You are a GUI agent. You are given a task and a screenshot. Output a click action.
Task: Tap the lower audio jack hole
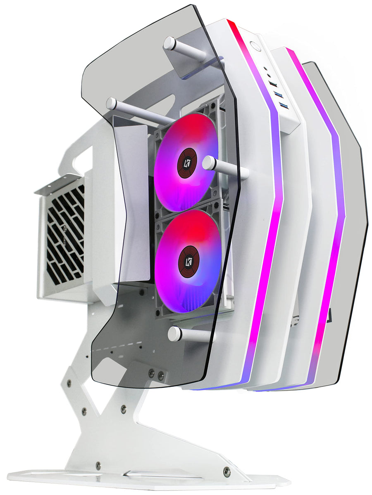(x=269, y=76)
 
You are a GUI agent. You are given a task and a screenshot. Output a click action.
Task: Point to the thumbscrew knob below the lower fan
(x=175, y=333)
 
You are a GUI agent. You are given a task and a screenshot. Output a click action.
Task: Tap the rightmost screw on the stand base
(x=226, y=471)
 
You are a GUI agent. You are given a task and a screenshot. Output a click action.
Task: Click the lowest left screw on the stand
(x=98, y=465)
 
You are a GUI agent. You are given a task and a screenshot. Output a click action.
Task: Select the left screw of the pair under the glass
(x=151, y=373)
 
